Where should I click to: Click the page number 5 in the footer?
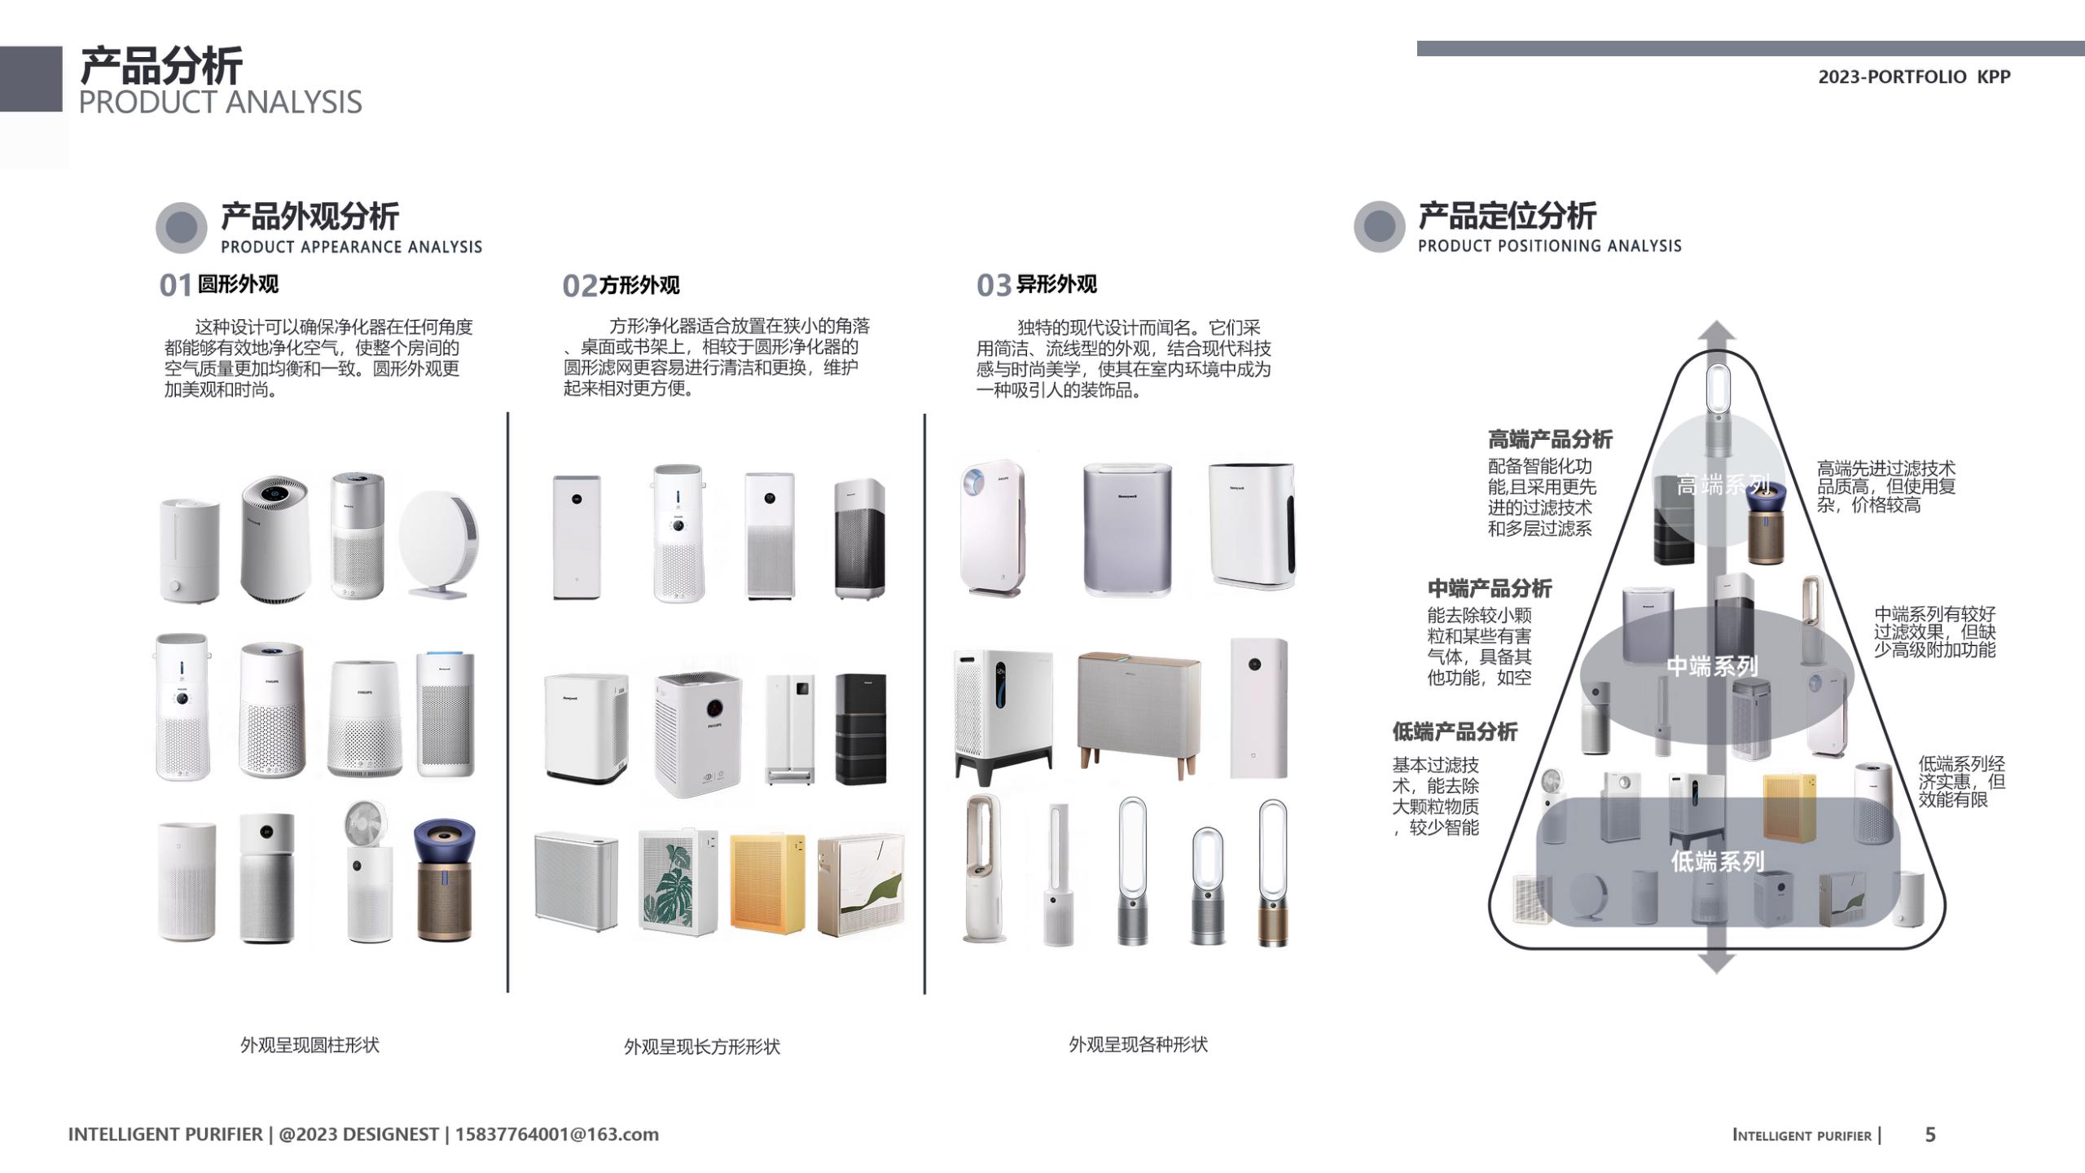(x=1929, y=1135)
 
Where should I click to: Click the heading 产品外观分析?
(x=309, y=217)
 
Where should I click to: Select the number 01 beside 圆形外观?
(x=175, y=286)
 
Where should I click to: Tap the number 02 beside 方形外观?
(x=579, y=286)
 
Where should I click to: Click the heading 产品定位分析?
(x=1507, y=216)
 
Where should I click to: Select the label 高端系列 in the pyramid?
(x=1722, y=485)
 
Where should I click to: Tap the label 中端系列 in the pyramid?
(x=1711, y=666)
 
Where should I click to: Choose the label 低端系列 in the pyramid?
(x=1717, y=861)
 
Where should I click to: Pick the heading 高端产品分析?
(x=1550, y=440)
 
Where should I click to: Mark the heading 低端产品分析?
(x=1455, y=731)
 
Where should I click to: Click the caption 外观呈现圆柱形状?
(x=309, y=1045)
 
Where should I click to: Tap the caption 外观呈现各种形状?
(x=1138, y=1044)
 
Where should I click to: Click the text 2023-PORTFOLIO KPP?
(x=1914, y=77)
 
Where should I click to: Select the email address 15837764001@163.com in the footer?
(x=556, y=1135)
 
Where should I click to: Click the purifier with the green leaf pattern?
(x=677, y=882)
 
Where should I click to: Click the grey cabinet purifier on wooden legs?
(x=1138, y=709)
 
